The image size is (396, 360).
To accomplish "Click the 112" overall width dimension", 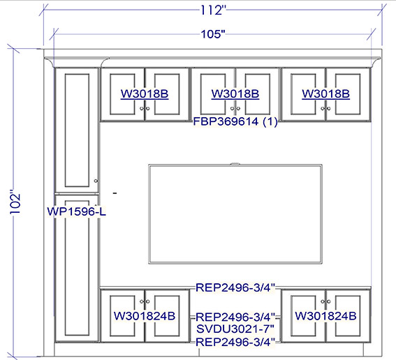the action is (x=212, y=10).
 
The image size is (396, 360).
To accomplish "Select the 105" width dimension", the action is (x=213, y=34).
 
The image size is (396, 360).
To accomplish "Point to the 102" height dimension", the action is (x=15, y=204).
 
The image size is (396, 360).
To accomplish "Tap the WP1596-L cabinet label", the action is (x=77, y=211).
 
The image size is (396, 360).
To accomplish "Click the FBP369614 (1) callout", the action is (x=235, y=121).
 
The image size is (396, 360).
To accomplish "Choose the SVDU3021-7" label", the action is (x=235, y=329).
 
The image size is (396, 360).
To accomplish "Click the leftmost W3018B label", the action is (x=145, y=94).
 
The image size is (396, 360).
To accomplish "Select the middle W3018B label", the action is (x=235, y=94).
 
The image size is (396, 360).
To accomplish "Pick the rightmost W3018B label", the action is (x=325, y=94).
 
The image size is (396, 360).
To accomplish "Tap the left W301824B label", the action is (x=145, y=316).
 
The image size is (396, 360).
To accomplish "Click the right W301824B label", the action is (x=325, y=316).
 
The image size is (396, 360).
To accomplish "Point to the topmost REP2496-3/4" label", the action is (x=235, y=287).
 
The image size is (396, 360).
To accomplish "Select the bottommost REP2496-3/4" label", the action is (x=235, y=342).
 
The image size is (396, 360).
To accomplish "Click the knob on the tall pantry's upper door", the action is (x=96, y=181).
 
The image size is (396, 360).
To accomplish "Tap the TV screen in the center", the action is (x=235, y=214).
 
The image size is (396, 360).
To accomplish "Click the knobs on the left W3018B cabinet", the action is (x=145, y=108).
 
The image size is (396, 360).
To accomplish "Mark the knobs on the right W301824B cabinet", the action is (x=325, y=301).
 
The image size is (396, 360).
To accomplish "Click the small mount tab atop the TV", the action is (x=235, y=164).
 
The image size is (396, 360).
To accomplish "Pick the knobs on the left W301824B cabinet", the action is (x=145, y=301).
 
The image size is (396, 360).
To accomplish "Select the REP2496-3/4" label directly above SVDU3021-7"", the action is (x=235, y=317).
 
